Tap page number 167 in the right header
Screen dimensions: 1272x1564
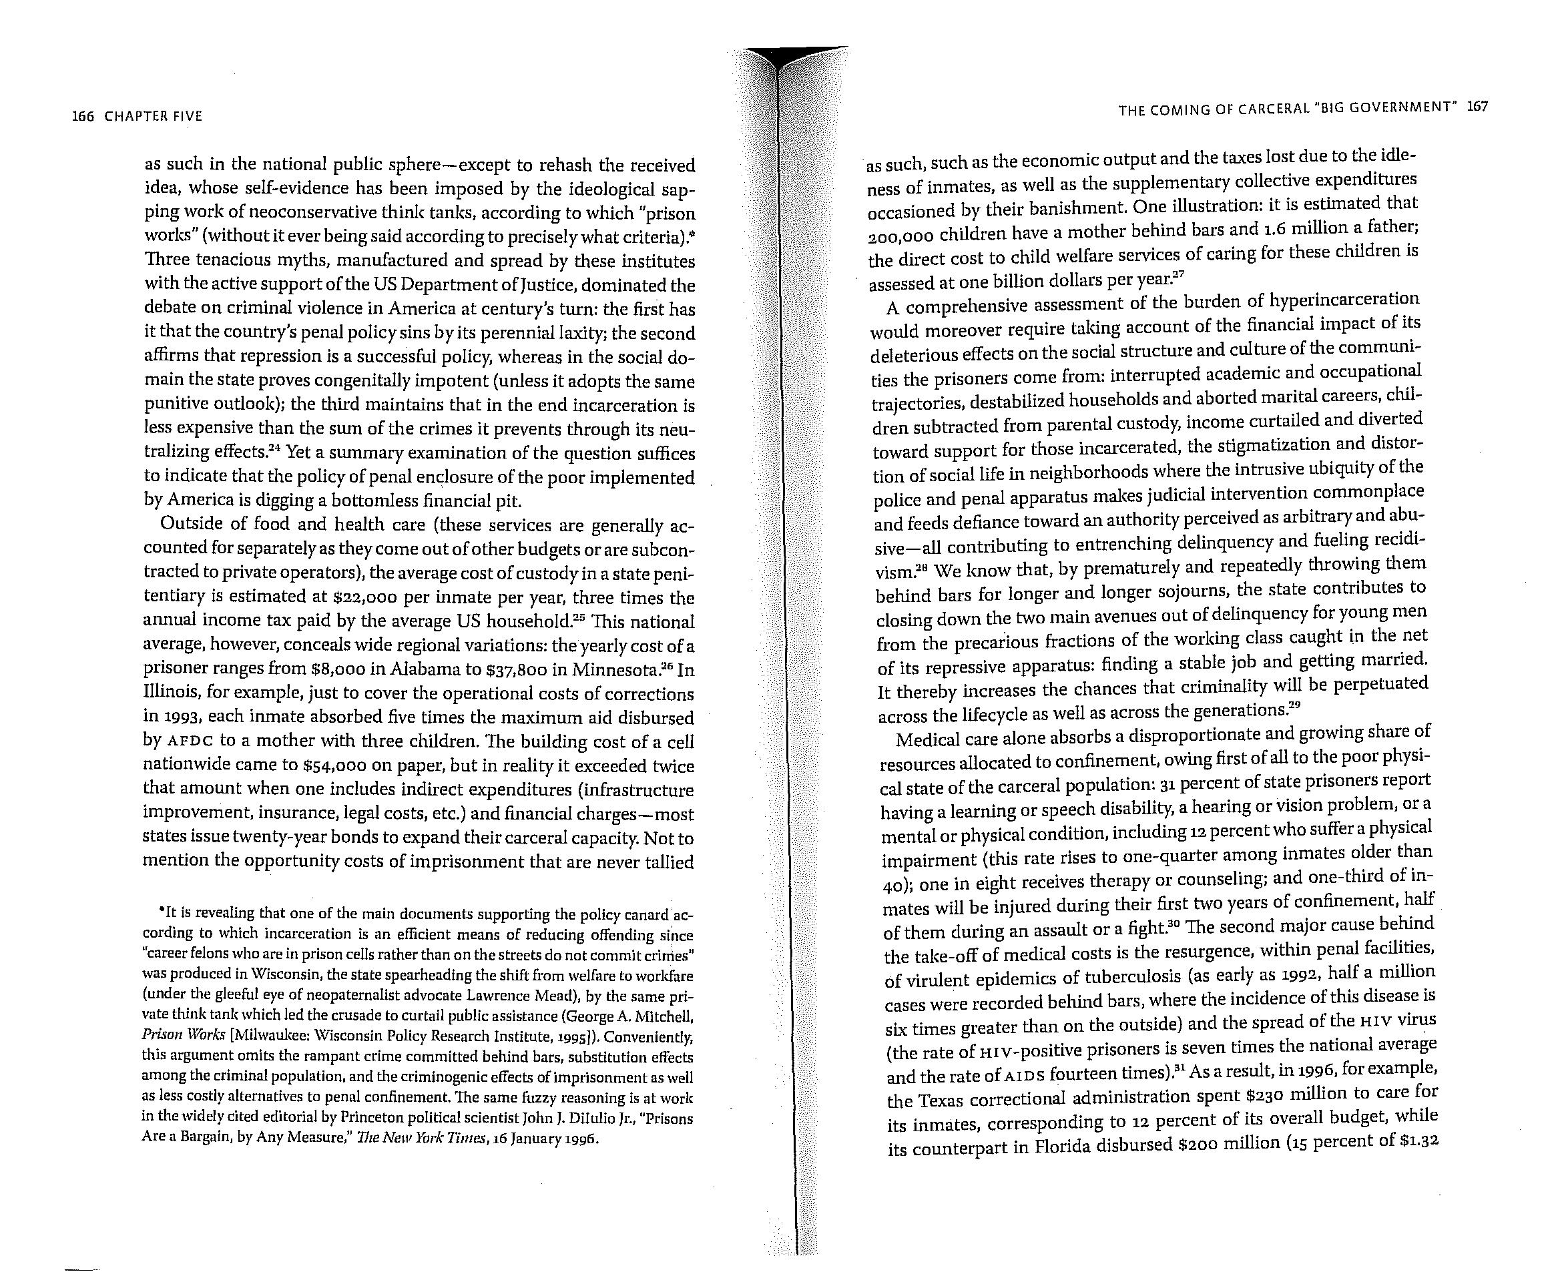click(x=1477, y=106)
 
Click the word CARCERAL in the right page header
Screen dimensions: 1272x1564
click(x=1271, y=110)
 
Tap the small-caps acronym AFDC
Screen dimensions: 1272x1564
click(x=190, y=741)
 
